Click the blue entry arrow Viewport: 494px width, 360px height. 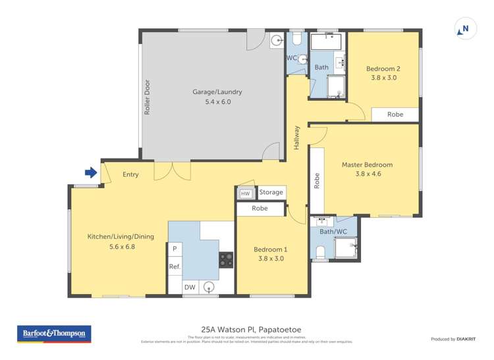pos(91,173)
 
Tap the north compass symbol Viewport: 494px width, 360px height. pos(464,29)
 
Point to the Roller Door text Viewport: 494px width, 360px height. pos(148,97)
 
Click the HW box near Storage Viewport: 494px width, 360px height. pos(245,193)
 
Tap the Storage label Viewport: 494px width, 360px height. pos(271,192)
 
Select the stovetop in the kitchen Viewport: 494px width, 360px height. pos(226,259)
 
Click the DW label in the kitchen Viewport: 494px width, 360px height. pos(189,287)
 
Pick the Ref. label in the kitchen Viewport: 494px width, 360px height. pos(175,267)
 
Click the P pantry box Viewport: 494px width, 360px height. pos(175,249)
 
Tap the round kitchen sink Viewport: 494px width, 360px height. pos(209,286)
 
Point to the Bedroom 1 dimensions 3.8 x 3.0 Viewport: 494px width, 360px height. pos(271,259)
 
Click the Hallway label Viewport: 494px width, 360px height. pos(297,136)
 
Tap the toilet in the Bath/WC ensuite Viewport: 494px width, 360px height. pos(321,251)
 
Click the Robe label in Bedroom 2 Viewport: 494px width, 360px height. pos(395,115)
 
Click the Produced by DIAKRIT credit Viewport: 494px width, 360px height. pos(453,339)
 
